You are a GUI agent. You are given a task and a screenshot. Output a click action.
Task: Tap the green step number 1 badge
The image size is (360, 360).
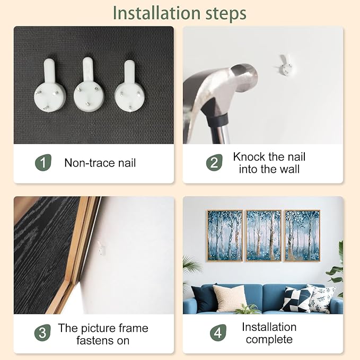[x=43, y=163]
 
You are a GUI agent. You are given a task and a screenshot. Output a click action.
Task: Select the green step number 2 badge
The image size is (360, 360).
[x=214, y=163]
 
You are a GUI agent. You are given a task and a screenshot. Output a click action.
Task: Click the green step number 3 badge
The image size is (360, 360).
[x=42, y=332]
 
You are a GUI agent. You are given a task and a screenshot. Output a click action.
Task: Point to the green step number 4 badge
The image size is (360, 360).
[x=218, y=332]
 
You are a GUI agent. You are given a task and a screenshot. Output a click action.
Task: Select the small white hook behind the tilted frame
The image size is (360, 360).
[x=101, y=248]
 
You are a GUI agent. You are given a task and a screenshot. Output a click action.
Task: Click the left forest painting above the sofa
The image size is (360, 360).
[x=225, y=235]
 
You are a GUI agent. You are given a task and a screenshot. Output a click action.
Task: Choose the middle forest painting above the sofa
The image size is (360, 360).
[x=264, y=235]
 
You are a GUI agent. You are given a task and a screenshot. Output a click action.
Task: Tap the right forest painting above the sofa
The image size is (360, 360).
[x=302, y=235]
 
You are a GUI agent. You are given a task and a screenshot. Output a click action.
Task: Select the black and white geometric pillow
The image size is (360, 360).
[x=297, y=300]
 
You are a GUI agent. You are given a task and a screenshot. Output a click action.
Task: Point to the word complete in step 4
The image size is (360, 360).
[x=269, y=340]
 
